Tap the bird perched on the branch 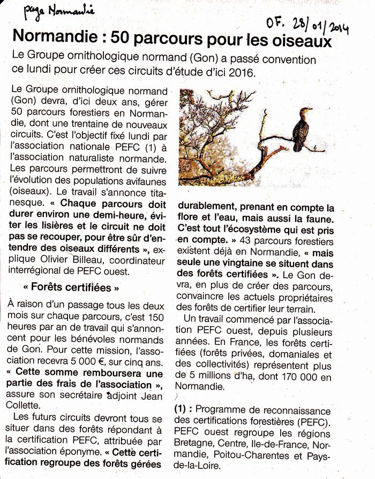[x=303, y=129]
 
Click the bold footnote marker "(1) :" [x=186, y=409]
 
